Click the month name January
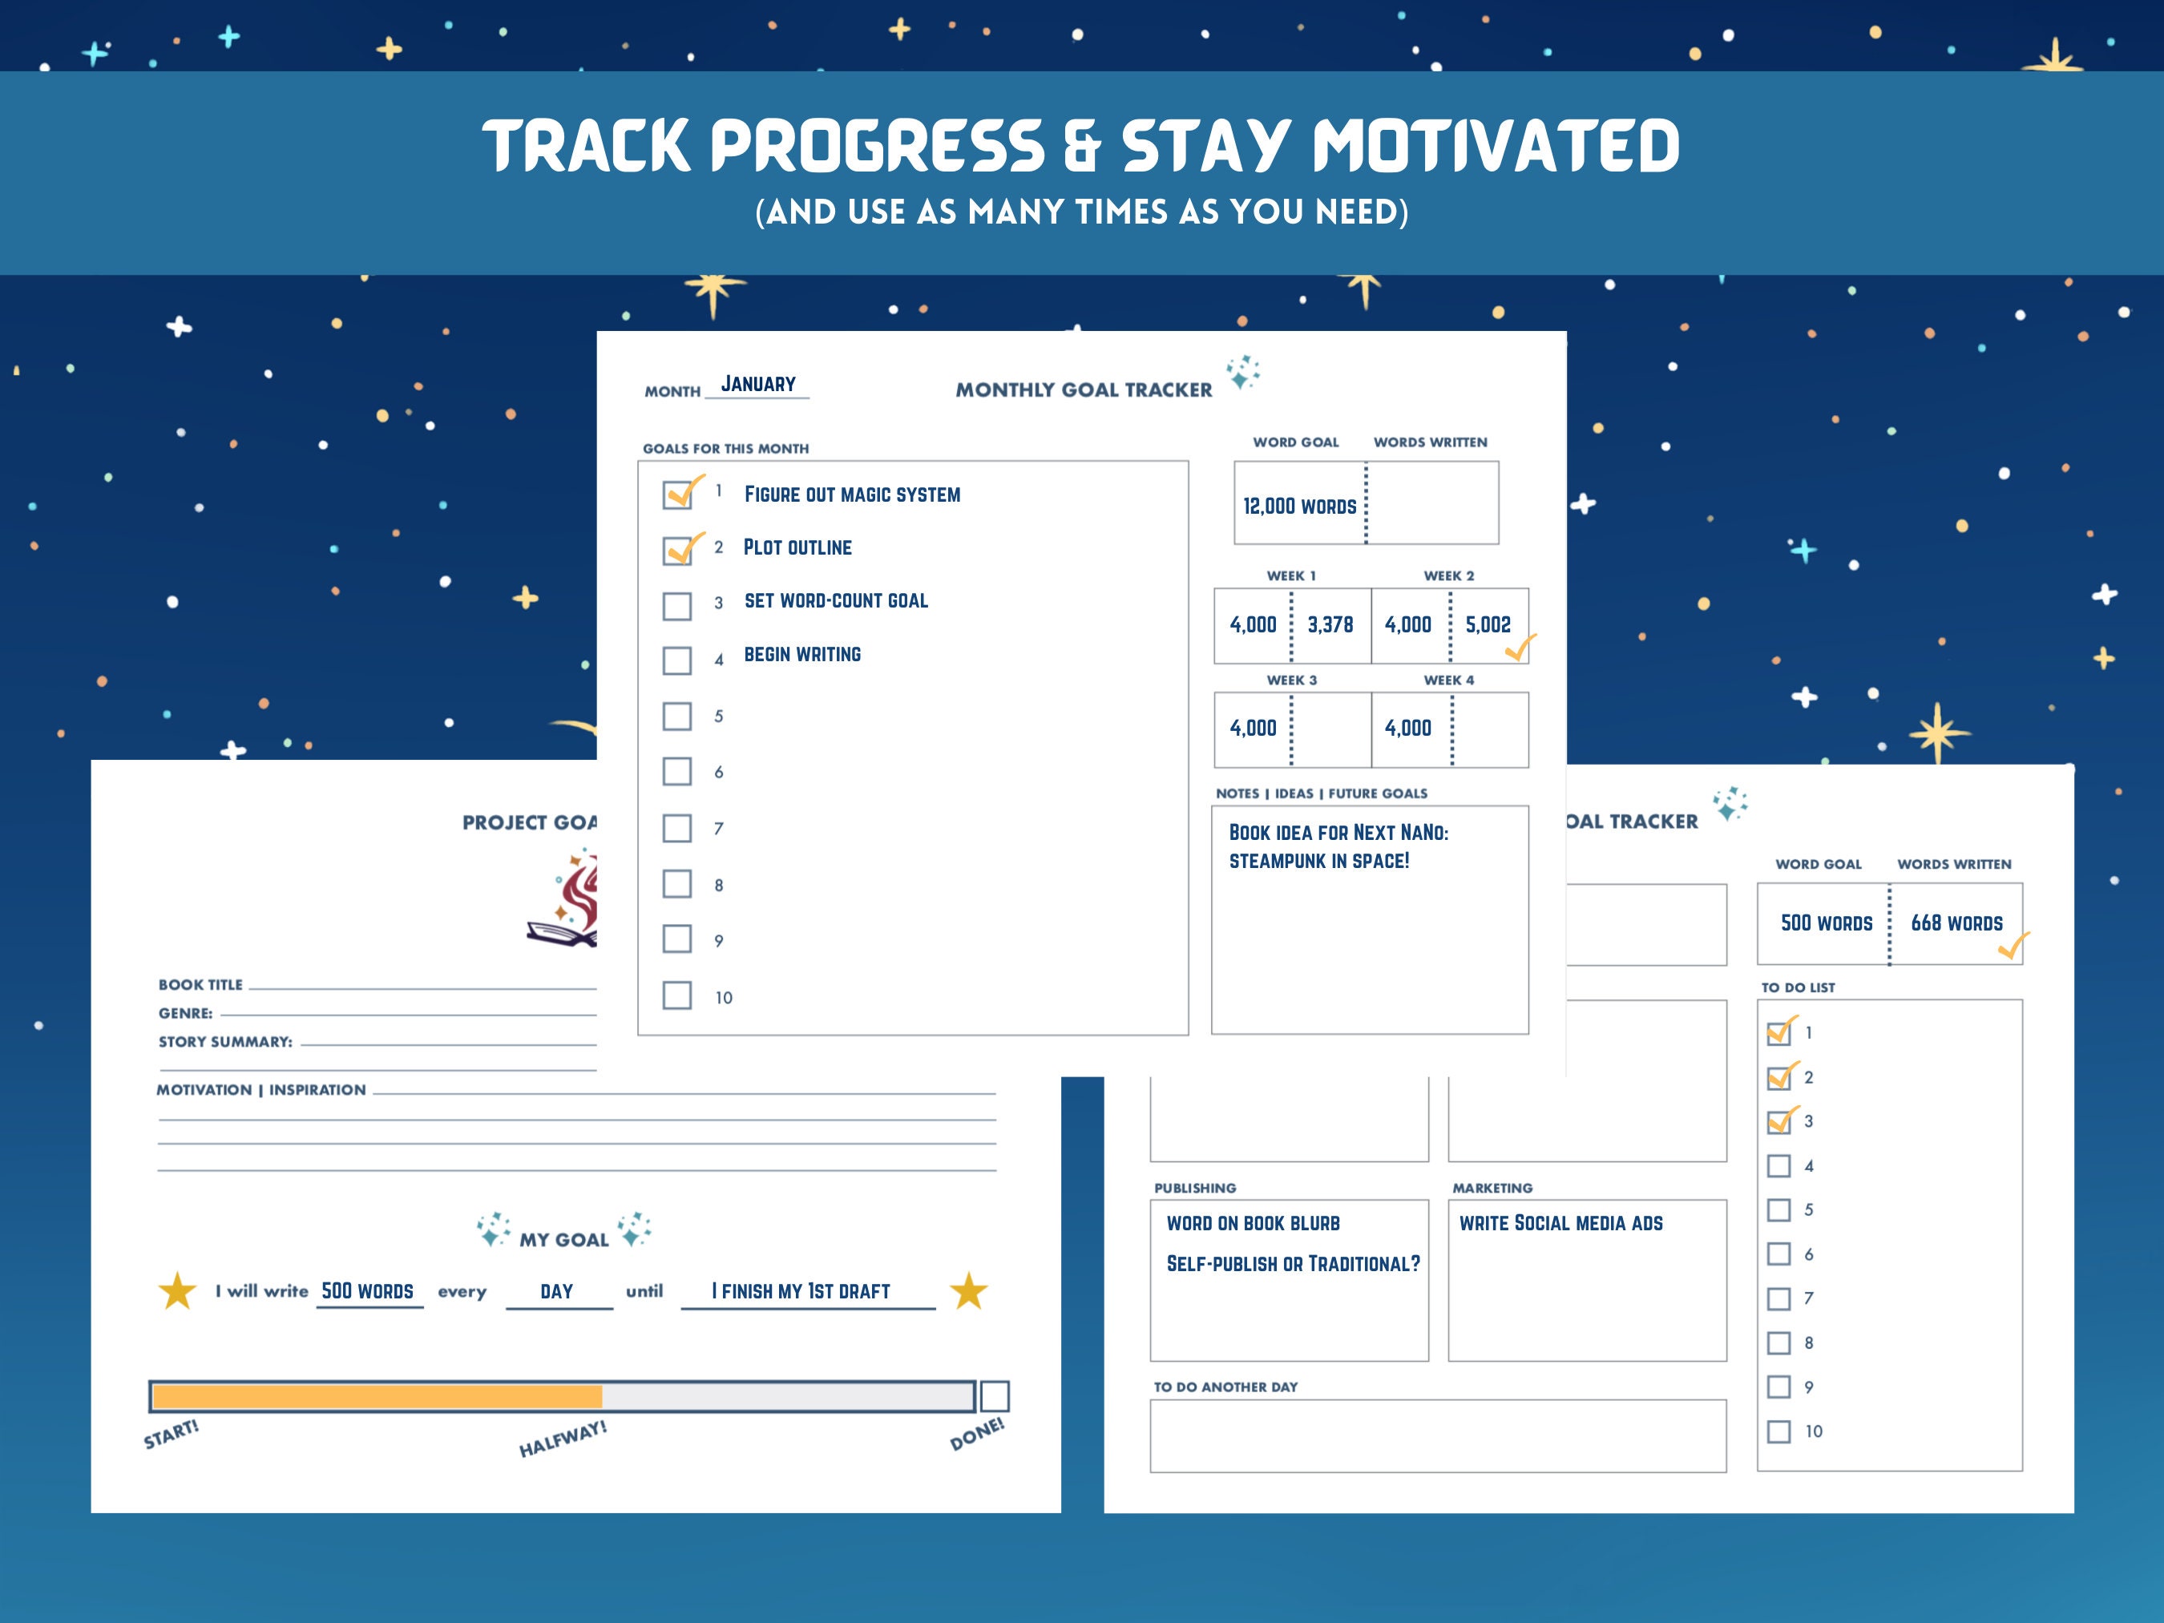758,385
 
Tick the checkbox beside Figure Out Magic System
677,494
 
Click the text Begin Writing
802,655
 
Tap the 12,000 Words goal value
1299,506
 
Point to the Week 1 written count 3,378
1330,625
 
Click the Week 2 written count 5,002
1487,625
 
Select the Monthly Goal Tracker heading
1083,390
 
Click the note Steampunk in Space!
1318,861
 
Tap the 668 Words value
1956,923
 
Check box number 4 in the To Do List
1778,1166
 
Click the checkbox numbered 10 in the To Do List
1778,1431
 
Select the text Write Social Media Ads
1560,1223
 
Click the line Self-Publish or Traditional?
1292,1264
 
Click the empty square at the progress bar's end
994,1396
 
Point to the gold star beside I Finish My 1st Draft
967,1291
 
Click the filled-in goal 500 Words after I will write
368,1291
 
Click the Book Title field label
200,985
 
